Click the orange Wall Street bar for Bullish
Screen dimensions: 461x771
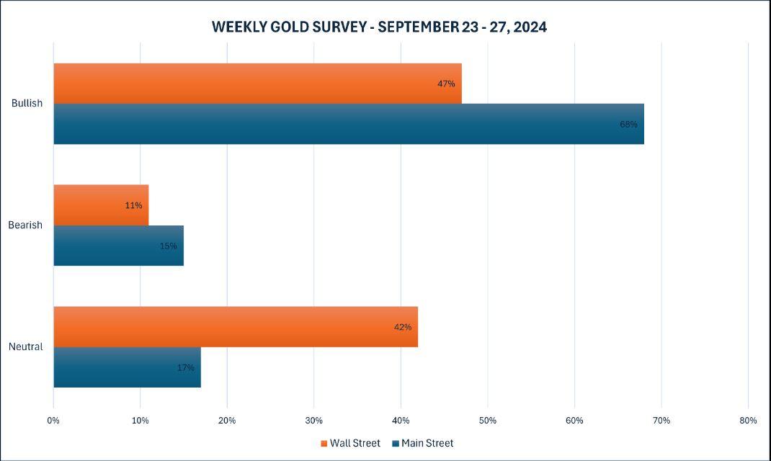pyautogui.click(x=257, y=84)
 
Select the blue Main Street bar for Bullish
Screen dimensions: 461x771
pyautogui.click(x=349, y=124)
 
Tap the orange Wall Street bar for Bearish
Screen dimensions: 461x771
pyautogui.click(x=101, y=205)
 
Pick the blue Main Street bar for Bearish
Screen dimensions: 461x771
pyautogui.click(x=118, y=246)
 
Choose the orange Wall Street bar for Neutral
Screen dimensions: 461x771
pyautogui.click(x=236, y=327)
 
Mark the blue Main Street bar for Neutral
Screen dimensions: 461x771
pyautogui.click(x=127, y=367)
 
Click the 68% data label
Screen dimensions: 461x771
pyautogui.click(x=628, y=124)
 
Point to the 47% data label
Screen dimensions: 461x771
pyautogui.click(x=446, y=84)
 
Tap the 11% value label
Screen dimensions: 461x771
pyautogui.click(x=133, y=205)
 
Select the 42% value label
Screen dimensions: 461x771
pyautogui.click(x=403, y=327)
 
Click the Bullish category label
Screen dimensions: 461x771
pyautogui.click(x=27, y=103)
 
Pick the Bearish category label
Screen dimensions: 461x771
pyautogui.click(x=25, y=225)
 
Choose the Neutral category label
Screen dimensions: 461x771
pyautogui.click(x=25, y=346)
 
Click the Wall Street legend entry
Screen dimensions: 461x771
pyautogui.click(x=350, y=443)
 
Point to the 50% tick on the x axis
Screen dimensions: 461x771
pyautogui.click(x=487, y=420)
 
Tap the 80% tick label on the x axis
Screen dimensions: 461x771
pyautogui.click(x=748, y=420)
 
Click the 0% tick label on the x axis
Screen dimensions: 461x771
pyautogui.click(x=53, y=420)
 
